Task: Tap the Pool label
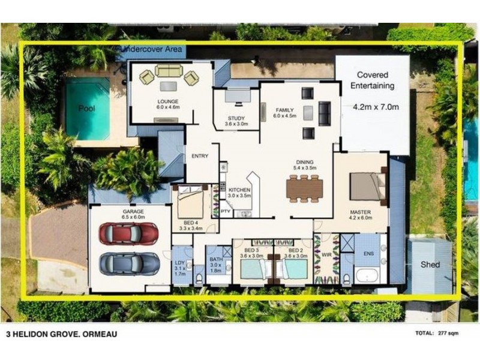click(x=87, y=109)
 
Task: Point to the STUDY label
click(x=236, y=118)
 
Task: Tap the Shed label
click(x=430, y=265)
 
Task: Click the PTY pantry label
click(x=226, y=212)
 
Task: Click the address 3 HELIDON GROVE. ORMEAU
click(x=61, y=334)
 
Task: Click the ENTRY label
click(x=200, y=156)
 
